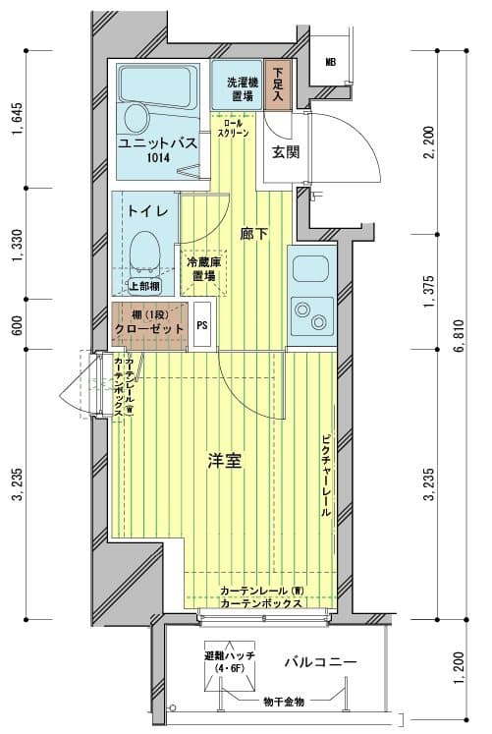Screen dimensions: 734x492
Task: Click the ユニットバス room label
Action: click(x=157, y=143)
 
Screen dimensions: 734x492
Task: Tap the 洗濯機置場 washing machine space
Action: click(x=240, y=89)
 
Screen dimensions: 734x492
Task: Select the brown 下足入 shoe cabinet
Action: click(x=278, y=85)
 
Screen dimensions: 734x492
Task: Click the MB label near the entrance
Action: click(x=331, y=61)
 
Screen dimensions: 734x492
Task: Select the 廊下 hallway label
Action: click(x=253, y=233)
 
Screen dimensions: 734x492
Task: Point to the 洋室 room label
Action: click(x=225, y=460)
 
